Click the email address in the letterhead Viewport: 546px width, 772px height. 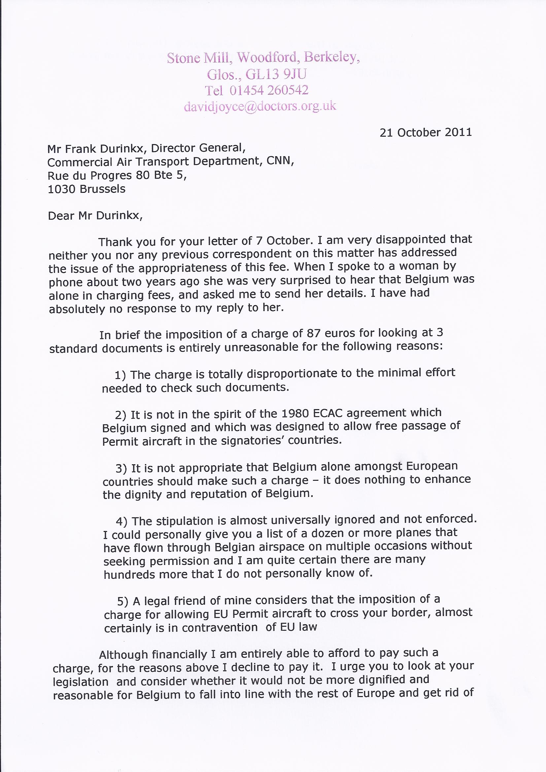point(260,106)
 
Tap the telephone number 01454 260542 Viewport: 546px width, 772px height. point(269,90)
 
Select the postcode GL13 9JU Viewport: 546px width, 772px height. point(276,74)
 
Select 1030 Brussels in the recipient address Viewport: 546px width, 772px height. point(86,189)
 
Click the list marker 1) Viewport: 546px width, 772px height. point(120,374)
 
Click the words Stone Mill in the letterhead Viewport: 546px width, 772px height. point(198,58)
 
